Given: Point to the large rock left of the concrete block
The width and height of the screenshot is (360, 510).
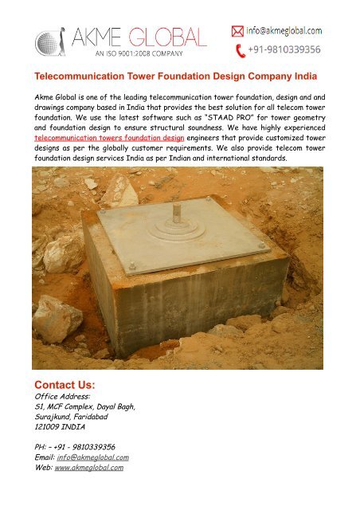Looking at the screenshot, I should click(58, 318).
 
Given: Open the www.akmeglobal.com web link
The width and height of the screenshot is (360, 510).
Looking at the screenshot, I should click(88, 468).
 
